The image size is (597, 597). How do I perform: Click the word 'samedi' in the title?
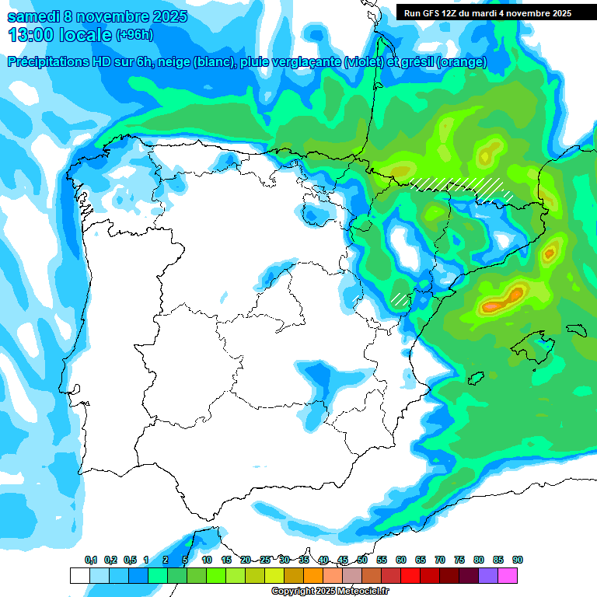coord(33,16)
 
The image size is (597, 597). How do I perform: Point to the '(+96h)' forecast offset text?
coord(134,35)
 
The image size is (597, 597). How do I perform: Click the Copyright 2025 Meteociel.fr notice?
coord(330,592)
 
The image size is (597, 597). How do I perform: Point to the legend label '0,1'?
coord(91,560)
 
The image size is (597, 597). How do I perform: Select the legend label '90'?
coord(518,560)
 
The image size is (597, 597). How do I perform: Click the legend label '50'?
coord(362,560)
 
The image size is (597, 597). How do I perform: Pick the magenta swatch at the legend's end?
coord(508,575)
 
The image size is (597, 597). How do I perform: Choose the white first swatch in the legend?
coord(80,575)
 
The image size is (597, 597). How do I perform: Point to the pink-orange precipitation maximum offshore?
coord(501,300)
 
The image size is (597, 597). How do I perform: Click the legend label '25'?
coord(265,560)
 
